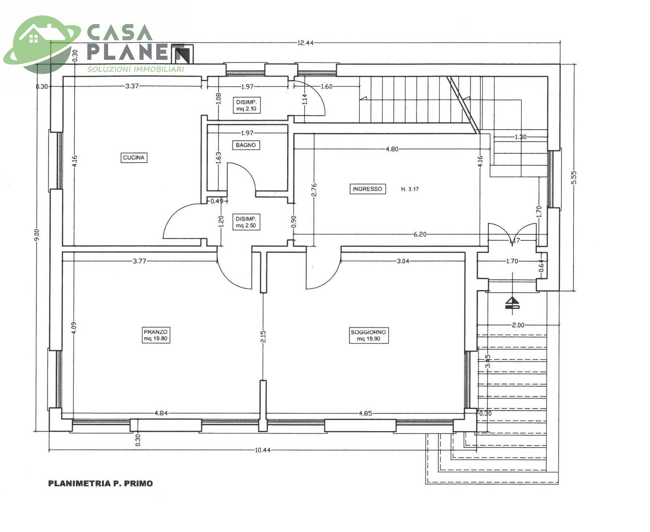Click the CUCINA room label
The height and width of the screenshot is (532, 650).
pyautogui.click(x=134, y=158)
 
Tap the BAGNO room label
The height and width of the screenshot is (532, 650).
pyautogui.click(x=246, y=145)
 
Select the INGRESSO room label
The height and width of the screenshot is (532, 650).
pyautogui.click(x=367, y=189)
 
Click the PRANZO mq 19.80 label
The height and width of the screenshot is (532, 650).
pyautogui.click(x=156, y=335)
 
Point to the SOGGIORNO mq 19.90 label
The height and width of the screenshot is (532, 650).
pyautogui.click(x=368, y=335)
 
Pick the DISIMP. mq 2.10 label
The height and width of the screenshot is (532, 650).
pyautogui.click(x=246, y=105)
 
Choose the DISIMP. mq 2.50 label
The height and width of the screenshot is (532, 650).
pyautogui.click(x=246, y=222)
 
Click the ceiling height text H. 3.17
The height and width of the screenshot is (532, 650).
pyautogui.click(x=410, y=189)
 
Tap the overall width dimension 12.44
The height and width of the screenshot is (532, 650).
pyautogui.click(x=306, y=43)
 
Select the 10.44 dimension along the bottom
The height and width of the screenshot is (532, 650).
pyautogui.click(x=263, y=450)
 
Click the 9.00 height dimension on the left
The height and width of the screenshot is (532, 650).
pyautogui.click(x=37, y=235)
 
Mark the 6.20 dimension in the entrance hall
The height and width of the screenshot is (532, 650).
pyautogui.click(x=420, y=234)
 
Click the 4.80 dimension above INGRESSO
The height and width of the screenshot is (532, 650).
pyautogui.click(x=392, y=149)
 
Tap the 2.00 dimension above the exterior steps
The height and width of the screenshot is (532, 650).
pyautogui.click(x=518, y=325)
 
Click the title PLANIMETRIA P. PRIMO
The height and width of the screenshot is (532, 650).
pyautogui.click(x=100, y=483)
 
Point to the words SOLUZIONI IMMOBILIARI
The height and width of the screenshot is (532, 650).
pyautogui.click(x=136, y=69)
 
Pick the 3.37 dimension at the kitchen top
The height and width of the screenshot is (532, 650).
pyautogui.click(x=132, y=86)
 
